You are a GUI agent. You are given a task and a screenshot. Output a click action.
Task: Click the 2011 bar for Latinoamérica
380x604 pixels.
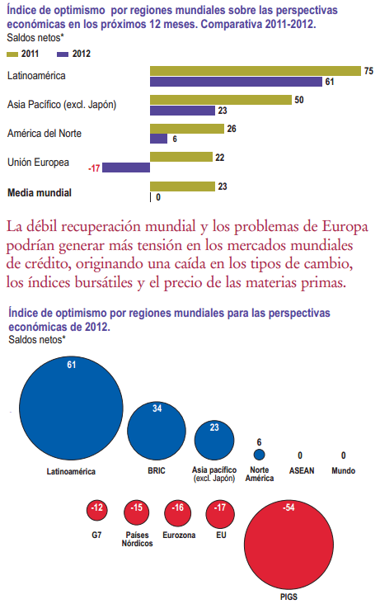coord(255,71)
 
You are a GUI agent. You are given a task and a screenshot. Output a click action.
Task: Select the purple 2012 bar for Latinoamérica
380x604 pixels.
coord(236,82)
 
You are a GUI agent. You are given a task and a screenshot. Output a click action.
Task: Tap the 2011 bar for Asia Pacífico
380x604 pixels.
coord(220,100)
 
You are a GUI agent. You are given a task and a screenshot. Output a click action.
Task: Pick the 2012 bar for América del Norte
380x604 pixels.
coord(158,139)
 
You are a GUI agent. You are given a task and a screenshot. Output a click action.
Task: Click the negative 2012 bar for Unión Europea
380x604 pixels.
coord(126,168)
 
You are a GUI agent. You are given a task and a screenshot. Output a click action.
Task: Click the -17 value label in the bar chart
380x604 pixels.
coord(94,168)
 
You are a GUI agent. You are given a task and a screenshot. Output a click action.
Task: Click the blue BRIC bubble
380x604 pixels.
coord(157,430)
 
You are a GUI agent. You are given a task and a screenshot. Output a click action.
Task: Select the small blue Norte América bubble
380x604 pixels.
coord(259,455)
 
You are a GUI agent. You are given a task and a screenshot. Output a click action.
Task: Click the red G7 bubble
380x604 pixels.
coord(97,512)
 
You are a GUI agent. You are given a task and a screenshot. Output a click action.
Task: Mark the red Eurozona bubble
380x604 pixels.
coord(178,512)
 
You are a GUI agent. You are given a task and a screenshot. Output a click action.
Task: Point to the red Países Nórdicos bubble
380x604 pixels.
coord(137,512)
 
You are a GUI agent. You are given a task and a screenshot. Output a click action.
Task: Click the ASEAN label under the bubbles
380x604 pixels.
coord(301,471)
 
